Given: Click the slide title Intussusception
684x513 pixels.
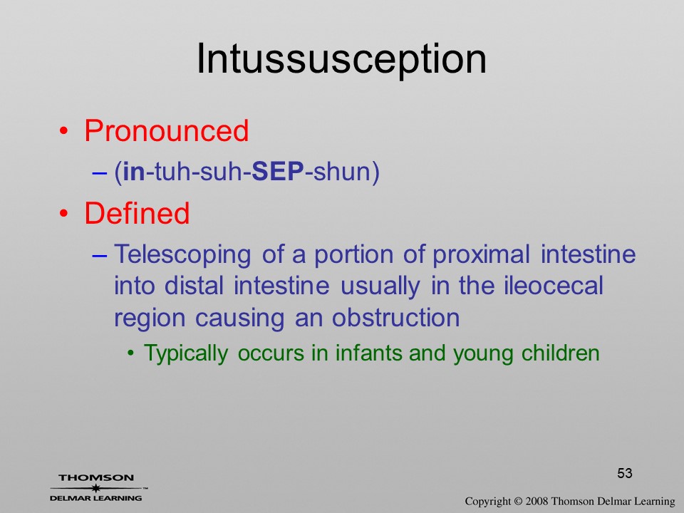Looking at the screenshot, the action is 341,59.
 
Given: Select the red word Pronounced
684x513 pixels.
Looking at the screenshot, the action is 166,130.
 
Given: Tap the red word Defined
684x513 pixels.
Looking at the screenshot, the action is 137,213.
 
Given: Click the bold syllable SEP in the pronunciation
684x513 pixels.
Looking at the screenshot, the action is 278,171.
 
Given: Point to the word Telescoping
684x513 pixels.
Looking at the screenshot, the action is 182,255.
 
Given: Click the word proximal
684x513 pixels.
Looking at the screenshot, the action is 481,255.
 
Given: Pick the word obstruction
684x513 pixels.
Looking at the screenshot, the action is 395,318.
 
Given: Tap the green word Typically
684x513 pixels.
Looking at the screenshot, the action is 186,353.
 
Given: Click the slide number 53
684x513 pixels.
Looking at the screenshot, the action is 625,473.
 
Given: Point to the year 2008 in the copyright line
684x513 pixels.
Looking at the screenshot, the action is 537,501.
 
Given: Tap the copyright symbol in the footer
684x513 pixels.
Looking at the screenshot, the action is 518,501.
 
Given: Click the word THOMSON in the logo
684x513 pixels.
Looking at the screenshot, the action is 96,477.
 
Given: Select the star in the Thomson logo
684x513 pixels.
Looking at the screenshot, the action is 96,488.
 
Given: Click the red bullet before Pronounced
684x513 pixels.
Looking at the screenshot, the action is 64,131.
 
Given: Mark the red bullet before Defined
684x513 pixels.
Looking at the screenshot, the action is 64,213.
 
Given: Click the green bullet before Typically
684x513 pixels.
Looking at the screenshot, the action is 130,353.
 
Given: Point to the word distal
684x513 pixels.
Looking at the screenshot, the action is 194,286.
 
